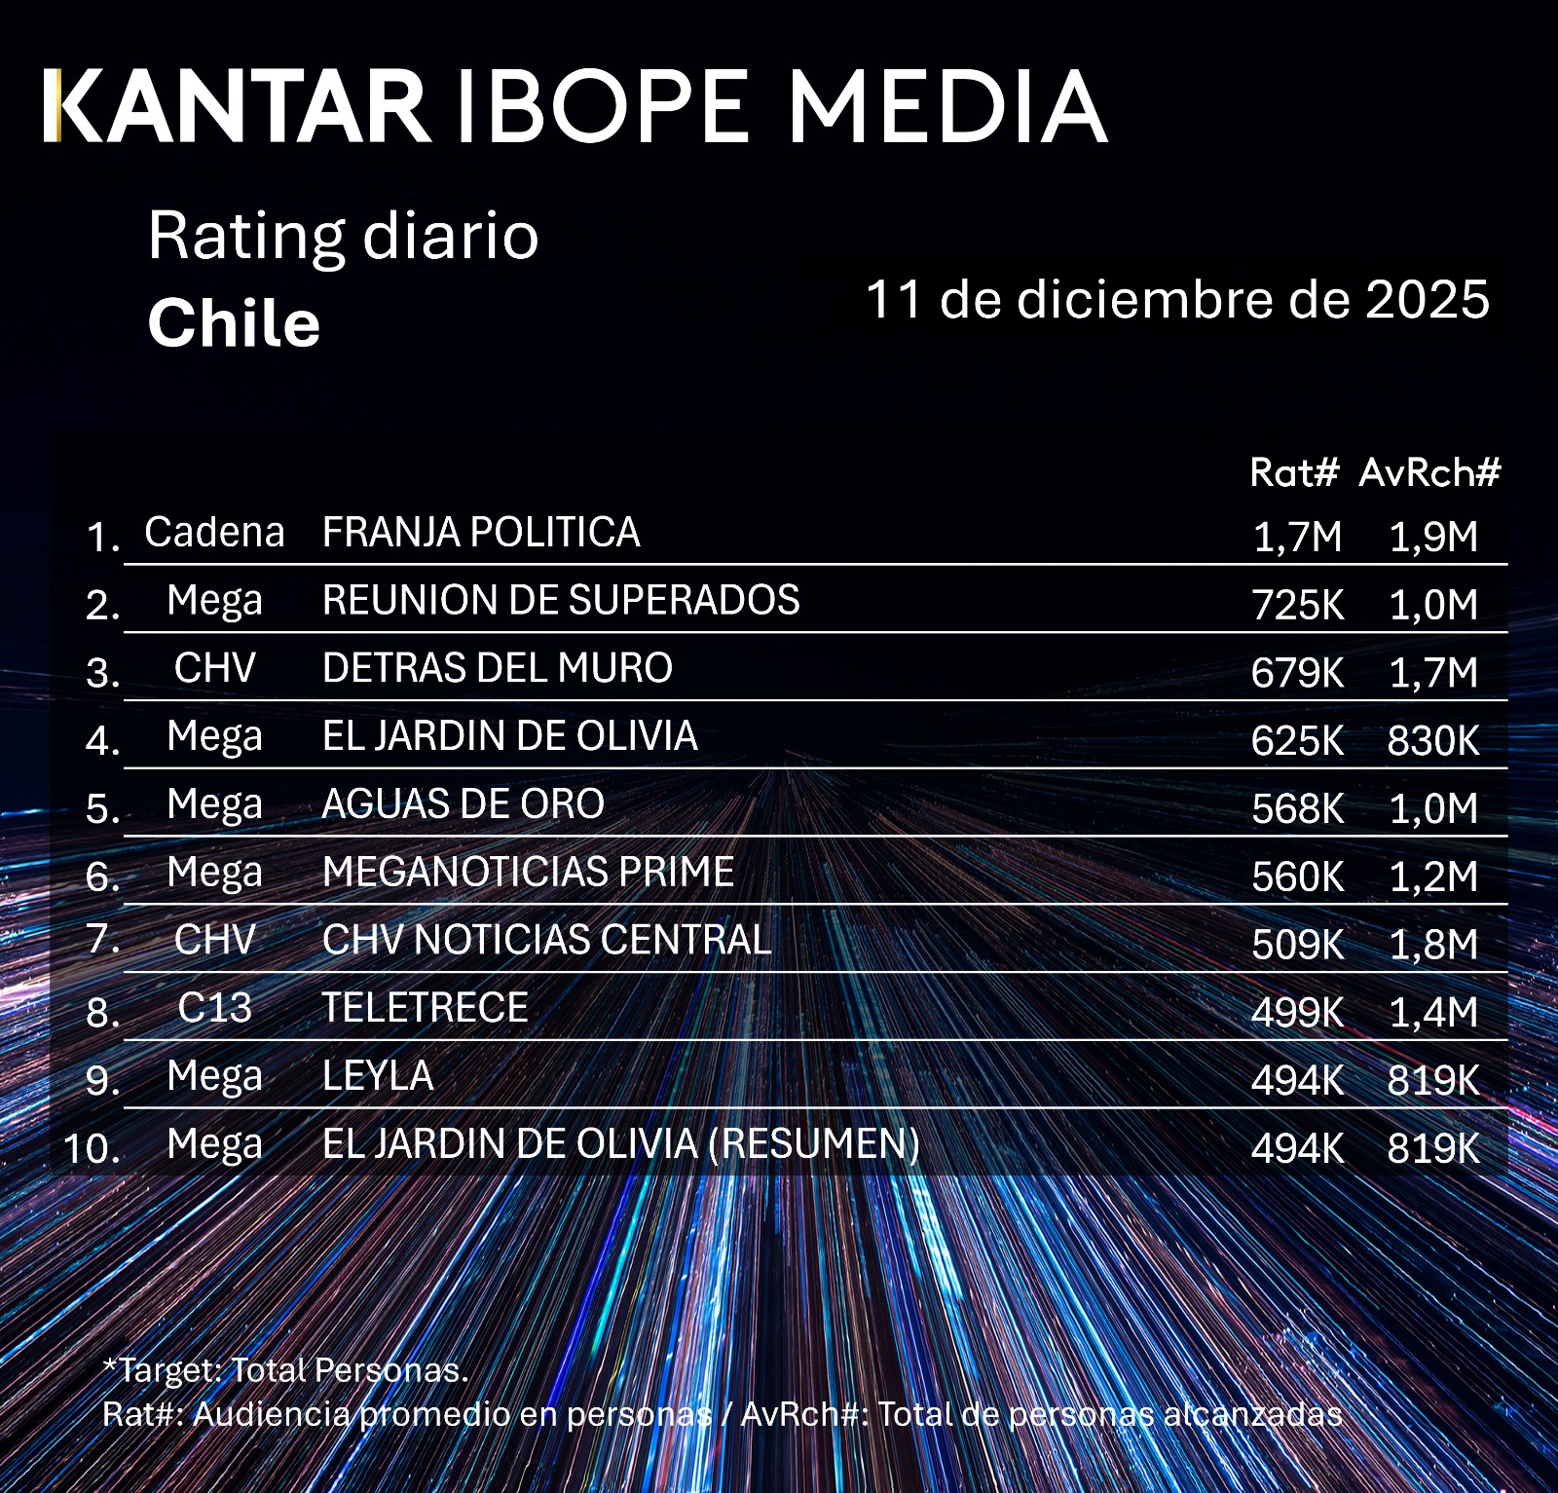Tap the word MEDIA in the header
coord(946,106)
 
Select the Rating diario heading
coord(343,236)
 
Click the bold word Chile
coord(234,323)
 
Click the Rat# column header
coord(1295,472)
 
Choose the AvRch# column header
coord(1429,472)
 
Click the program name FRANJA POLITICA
coord(481,533)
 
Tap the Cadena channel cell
coord(214,533)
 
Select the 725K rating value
coord(1297,605)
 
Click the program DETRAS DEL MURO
coord(497,668)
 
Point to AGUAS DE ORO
coord(463,804)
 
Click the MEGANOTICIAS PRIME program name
coord(528,872)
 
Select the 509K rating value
coord(1297,945)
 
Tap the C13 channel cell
coord(214,1008)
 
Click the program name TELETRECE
coord(425,1008)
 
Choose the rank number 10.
coord(93,1149)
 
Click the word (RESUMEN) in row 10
coord(814,1144)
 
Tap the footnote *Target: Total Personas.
coord(285,1370)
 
